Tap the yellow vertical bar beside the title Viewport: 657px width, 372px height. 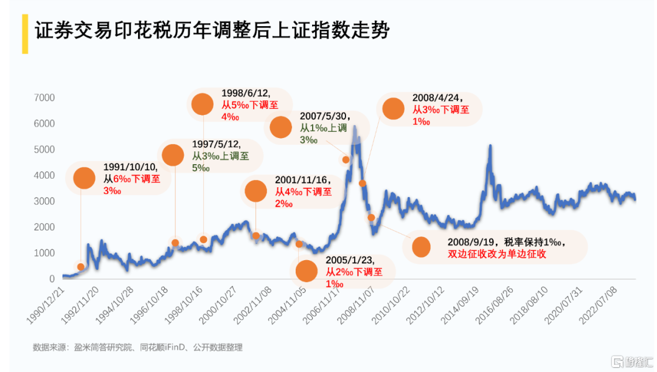tap(25, 33)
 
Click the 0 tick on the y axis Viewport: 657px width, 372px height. tap(52, 279)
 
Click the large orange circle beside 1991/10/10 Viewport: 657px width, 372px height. tap(85, 177)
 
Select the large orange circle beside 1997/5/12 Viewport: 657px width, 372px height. tap(173, 155)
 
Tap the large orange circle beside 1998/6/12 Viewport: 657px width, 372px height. tap(203, 104)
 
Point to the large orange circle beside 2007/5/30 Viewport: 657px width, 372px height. tap(281, 127)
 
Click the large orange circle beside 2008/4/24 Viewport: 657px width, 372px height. tap(393, 109)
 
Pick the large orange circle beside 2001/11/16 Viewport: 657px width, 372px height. tap(255, 191)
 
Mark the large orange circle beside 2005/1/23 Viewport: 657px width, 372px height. tap(307, 270)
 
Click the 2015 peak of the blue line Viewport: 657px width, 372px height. tap(490, 146)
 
